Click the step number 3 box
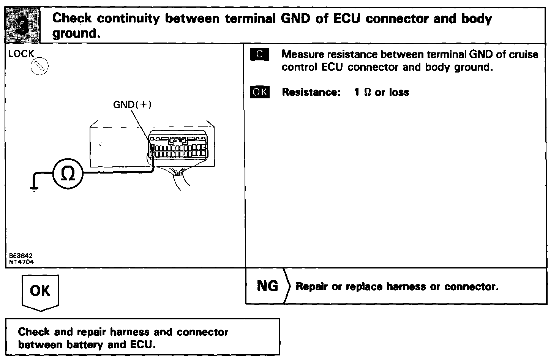click(x=23, y=25)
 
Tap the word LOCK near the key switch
click(x=21, y=54)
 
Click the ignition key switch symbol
click(x=39, y=67)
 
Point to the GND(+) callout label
click(x=133, y=104)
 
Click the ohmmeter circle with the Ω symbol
click(x=68, y=173)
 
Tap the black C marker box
click(x=260, y=55)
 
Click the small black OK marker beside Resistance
click(x=260, y=92)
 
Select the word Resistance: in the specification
click(x=311, y=92)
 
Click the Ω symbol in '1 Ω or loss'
click(x=367, y=92)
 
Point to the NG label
click(x=267, y=286)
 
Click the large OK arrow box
click(x=40, y=291)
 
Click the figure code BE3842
click(x=21, y=256)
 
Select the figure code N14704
click(x=21, y=261)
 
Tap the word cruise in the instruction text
click(x=524, y=54)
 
